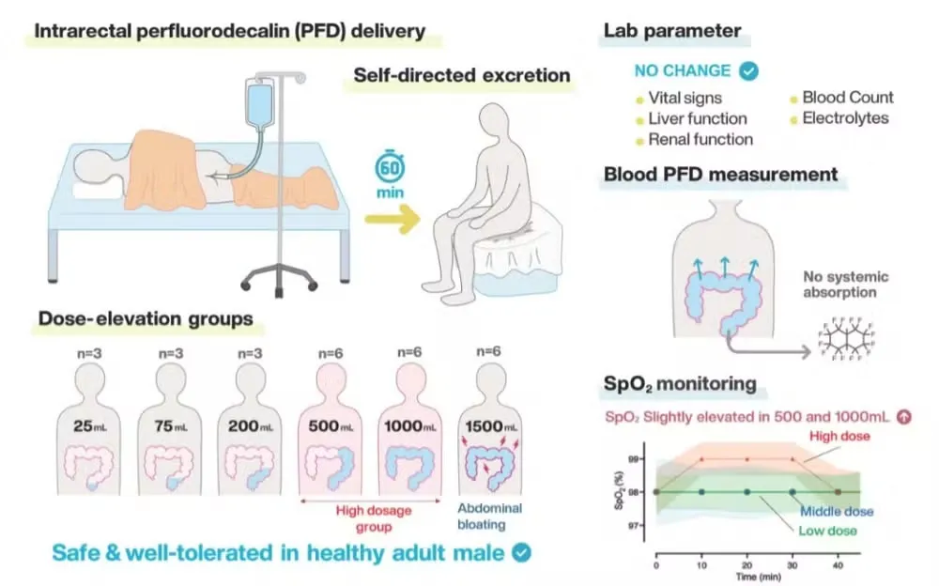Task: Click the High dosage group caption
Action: (371, 515)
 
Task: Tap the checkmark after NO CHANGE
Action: (748, 71)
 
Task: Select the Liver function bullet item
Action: (697, 118)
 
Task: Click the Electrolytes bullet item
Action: (844, 118)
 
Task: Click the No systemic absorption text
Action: (846, 285)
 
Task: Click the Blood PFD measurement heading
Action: (720, 175)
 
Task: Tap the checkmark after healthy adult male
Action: (519, 554)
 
